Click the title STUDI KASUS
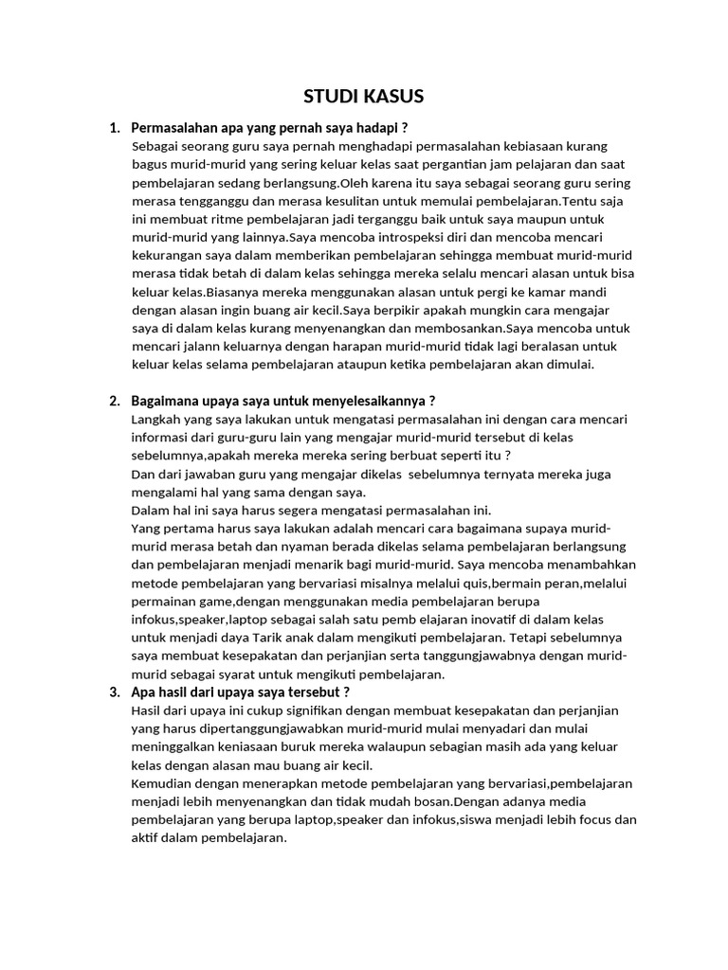click(x=363, y=96)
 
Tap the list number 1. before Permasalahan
click(x=116, y=128)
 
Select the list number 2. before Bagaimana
click(x=116, y=401)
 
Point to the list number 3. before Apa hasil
click(x=116, y=692)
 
